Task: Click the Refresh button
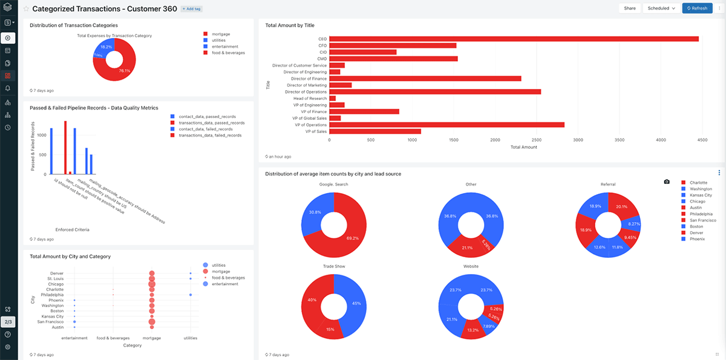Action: (x=696, y=8)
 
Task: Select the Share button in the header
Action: (x=630, y=8)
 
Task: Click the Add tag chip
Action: (x=192, y=9)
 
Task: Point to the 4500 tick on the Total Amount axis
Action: (x=702, y=140)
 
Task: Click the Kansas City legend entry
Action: (x=701, y=195)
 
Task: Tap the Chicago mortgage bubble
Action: (x=152, y=284)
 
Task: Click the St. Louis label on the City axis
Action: (x=57, y=279)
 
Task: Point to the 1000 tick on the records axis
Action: (x=40, y=135)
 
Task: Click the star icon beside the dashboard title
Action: (x=26, y=9)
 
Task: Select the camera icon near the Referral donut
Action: (x=667, y=182)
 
